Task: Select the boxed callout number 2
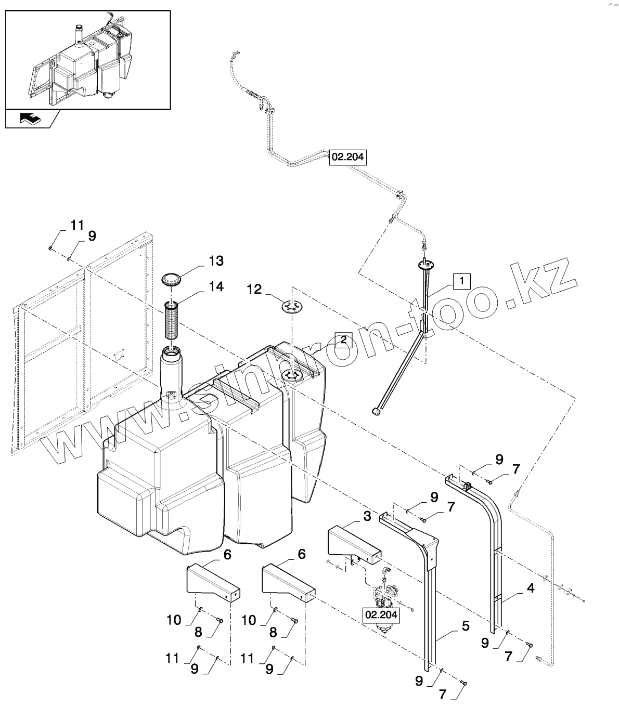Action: coord(344,340)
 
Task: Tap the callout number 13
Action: coord(216,261)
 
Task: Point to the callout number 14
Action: coord(216,286)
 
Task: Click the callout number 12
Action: coord(254,290)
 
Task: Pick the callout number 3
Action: coord(367,516)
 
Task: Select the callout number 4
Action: coord(531,588)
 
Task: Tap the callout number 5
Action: coord(466,626)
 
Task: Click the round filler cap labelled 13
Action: coord(172,280)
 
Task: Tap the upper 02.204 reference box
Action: coord(347,157)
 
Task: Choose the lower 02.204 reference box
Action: coord(381,615)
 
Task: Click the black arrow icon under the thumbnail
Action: coord(30,119)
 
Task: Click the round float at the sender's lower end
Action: coord(376,412)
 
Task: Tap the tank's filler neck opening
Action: coord(171,355)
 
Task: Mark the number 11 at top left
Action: coord(77,225)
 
